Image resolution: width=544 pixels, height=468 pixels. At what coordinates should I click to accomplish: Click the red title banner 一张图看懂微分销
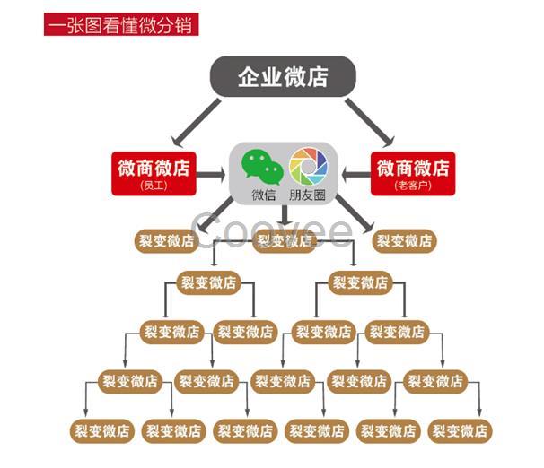(121, 25)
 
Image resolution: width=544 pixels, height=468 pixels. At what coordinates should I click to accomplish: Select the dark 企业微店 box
(283, 76)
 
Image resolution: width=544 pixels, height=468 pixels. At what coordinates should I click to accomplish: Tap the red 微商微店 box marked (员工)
(155, 173)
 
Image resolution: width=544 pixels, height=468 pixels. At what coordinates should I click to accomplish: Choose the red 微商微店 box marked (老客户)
(413, 173)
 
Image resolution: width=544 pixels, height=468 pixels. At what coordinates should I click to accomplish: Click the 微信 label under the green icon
(263, 195)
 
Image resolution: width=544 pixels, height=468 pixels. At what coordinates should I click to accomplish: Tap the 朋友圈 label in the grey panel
(308, 195)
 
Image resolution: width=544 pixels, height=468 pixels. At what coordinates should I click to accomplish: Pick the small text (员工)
(155, 186)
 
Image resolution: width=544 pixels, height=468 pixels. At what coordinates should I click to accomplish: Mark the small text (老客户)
(413, 186)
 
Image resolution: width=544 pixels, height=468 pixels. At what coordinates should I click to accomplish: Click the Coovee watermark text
(274, 230)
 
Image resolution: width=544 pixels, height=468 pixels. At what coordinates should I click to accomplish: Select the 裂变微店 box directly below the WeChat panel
(285, 240)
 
